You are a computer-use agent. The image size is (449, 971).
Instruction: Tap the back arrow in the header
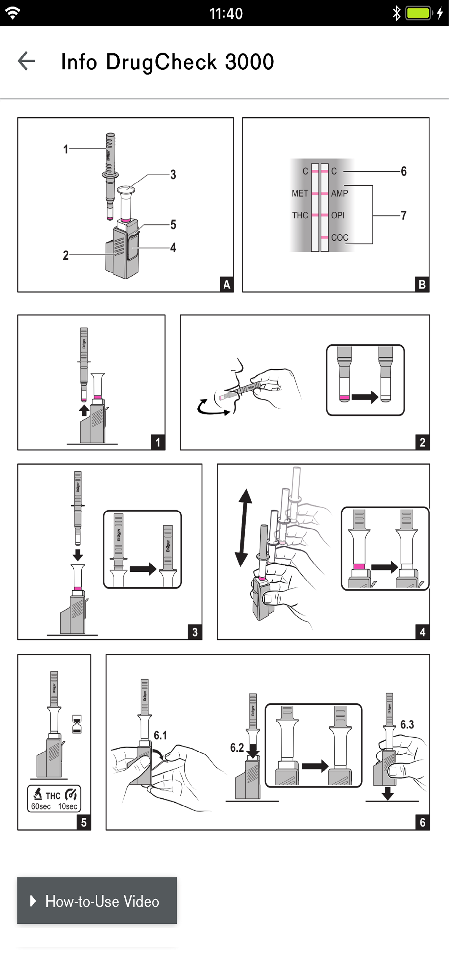tap(26, 61)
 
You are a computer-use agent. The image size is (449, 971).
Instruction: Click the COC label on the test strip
tap(339, 237)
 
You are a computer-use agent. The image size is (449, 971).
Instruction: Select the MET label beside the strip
tap(300, 193)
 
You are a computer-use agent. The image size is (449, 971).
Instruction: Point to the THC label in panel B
tap(300, 215)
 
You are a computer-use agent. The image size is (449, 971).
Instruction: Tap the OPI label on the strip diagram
tap(338, 215)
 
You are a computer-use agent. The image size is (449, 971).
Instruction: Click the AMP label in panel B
tap(339, 193)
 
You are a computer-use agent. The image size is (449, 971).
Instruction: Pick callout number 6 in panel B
tap(404, 172)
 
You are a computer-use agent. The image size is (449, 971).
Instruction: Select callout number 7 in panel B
tap(404, 215)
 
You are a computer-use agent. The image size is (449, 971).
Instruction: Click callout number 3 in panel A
tap(173, 174)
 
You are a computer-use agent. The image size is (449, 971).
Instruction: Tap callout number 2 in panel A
tap(66, 255)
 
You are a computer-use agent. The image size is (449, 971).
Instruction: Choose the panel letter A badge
tap(226, 284)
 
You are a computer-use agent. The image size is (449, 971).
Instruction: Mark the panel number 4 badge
tap(422, 632)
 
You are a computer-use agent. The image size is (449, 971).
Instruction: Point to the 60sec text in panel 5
tap(41, 806)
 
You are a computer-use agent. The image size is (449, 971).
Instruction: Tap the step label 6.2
tap(237, 747)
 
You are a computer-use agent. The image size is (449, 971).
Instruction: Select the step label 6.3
tap(407, 725)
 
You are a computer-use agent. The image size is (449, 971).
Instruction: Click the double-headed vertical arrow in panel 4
tap(244, 528)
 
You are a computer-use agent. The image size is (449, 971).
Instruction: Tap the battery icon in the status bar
tap(418, 14)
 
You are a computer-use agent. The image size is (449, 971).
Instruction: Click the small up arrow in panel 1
tap(84, 410)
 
